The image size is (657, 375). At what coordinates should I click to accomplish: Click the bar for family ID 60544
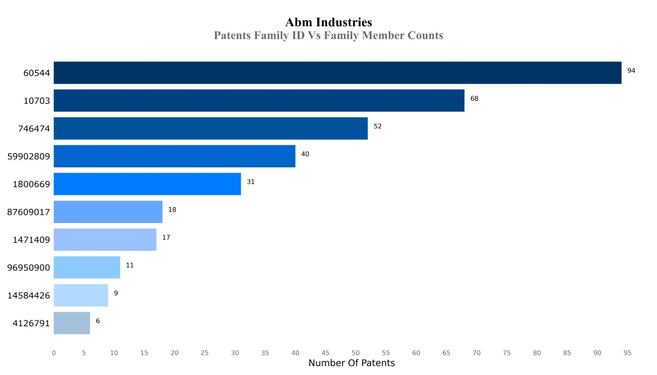[x=337, y=72]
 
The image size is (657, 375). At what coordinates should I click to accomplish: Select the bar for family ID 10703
[x=259, y=101]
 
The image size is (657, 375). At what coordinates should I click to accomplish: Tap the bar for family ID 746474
[x=210, y=128]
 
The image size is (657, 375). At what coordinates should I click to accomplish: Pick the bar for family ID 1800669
[x=147, y=184]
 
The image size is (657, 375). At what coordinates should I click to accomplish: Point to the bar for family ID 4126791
[x=72, y=323]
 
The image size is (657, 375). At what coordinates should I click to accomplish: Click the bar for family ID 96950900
[x=87, y=267]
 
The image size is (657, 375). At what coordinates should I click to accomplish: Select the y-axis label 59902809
[x=29, y=156]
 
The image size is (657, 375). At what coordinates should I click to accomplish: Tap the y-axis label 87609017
[x=29, y=212]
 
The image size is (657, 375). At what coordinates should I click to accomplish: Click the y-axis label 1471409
[x=31, y=240]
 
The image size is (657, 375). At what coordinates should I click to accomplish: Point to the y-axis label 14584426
[x=29, y=296]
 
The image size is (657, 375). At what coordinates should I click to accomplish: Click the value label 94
[x=631, y=71]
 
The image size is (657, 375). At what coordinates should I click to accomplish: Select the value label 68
[x=474, y=99]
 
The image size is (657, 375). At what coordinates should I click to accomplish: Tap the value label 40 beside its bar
[x=305, y=154]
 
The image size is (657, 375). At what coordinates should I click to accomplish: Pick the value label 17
[x=166, y=238]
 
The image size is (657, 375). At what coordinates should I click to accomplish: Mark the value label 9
[x=115, y=293]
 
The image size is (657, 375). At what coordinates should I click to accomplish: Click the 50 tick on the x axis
[x=355, y=353]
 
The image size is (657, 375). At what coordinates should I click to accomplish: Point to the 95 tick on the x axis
[x=627, y=353]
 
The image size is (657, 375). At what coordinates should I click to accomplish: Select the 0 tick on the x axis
[x=54, y=353]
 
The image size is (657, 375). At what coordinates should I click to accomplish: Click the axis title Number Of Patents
[x=352, y=363]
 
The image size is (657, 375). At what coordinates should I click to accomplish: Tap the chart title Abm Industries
[x=328, y=22]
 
